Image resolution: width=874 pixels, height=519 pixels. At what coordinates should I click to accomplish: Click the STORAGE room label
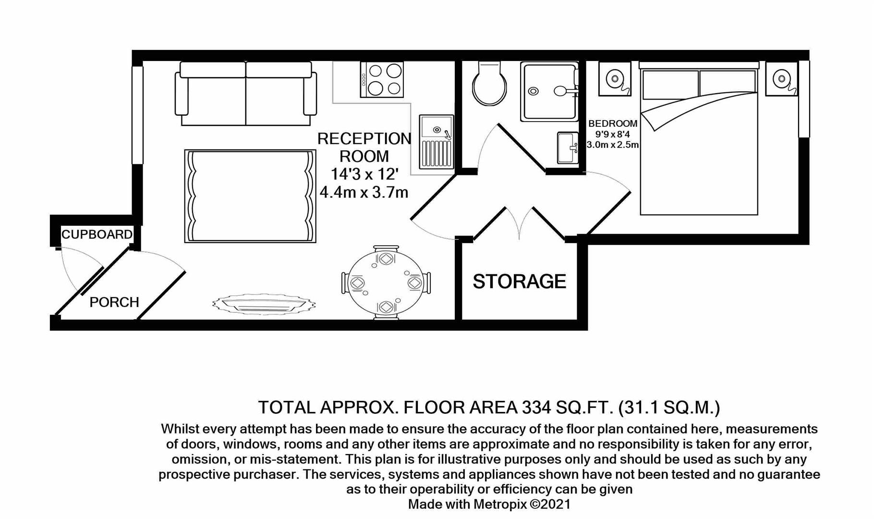[519, 282]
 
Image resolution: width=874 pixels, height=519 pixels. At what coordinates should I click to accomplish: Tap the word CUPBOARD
[97, 235]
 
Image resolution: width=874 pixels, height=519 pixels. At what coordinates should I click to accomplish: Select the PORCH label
[114, 302]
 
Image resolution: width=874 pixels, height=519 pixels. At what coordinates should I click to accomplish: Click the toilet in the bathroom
[489, 85]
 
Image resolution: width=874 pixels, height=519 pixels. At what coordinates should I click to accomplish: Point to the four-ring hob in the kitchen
[382, 80]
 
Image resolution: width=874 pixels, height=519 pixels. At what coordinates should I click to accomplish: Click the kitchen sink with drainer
[436, 141]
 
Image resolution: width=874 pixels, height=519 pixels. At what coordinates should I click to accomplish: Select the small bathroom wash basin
[568, 148]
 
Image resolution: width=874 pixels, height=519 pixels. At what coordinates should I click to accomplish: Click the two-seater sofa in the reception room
[246, 94]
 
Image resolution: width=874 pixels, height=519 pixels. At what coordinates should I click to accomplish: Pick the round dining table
[386, 283]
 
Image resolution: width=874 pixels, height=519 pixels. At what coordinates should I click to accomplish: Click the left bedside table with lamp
[615, 79]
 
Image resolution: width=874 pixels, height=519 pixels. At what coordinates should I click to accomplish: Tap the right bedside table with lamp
[781, 79]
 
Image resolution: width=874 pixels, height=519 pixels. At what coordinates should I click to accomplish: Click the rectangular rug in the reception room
[250, 196]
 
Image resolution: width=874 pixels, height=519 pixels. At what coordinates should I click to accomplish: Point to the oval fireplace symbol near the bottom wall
[264, 304]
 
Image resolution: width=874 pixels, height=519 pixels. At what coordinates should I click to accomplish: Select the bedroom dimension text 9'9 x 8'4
[612, 135]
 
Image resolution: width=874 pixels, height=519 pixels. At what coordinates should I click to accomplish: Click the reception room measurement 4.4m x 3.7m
[364, 193]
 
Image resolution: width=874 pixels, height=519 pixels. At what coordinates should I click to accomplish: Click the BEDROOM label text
[613, 124]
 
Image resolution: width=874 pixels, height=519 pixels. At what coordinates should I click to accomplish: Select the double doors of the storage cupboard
[519, 223]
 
